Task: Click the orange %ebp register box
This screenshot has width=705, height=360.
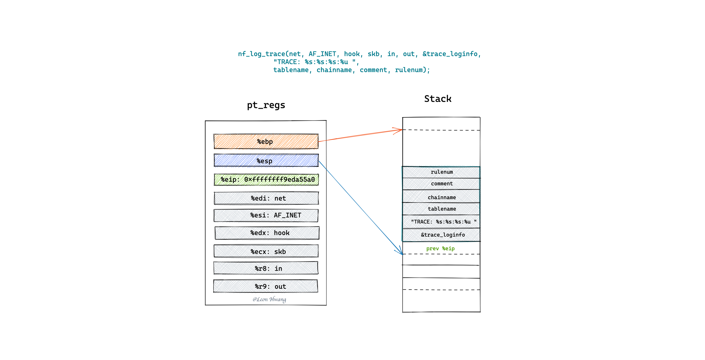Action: click(266, 141)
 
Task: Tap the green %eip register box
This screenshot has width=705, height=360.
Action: click(266, 179)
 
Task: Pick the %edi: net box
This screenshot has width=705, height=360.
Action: click(266, 198)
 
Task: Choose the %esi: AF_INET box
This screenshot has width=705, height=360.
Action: click(266, 215)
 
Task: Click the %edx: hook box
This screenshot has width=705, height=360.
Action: click(267, 233)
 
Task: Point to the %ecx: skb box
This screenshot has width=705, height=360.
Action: click(266, 251)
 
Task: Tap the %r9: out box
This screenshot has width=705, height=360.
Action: click(266, 286)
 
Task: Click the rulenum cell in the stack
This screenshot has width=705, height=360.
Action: click(441, 172)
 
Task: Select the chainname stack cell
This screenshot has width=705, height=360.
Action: click(441, 196)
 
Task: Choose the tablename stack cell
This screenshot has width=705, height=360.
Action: click(441, 209)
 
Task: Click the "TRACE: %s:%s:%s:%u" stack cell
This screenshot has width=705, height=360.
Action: click(441, 222)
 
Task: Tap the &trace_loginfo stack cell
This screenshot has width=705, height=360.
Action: click(441, 235)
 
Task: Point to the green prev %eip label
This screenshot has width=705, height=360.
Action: click(440, 248)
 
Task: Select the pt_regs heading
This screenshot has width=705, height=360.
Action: click(266, 105)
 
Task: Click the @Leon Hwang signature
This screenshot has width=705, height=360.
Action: click(269, 299)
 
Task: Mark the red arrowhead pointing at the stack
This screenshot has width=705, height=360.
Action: click(399, 130)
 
